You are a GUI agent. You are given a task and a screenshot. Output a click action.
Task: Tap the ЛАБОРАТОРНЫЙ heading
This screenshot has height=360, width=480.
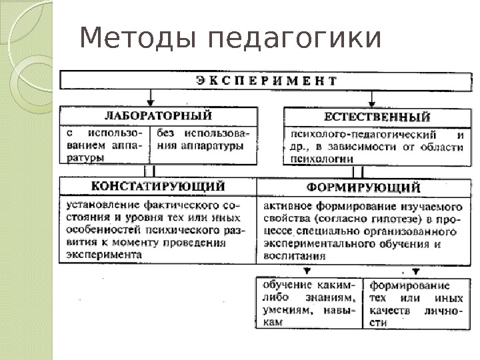[159, 116]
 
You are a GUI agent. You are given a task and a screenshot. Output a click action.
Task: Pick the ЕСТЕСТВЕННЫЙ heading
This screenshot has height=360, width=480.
[373, 117]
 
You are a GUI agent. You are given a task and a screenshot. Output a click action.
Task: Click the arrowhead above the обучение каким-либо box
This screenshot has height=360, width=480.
[307, 271]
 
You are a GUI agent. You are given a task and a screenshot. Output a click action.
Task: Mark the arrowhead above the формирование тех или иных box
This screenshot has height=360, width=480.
[415, 271]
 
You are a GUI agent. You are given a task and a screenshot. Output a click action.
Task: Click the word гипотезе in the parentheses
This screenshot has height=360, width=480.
[378, 219]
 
